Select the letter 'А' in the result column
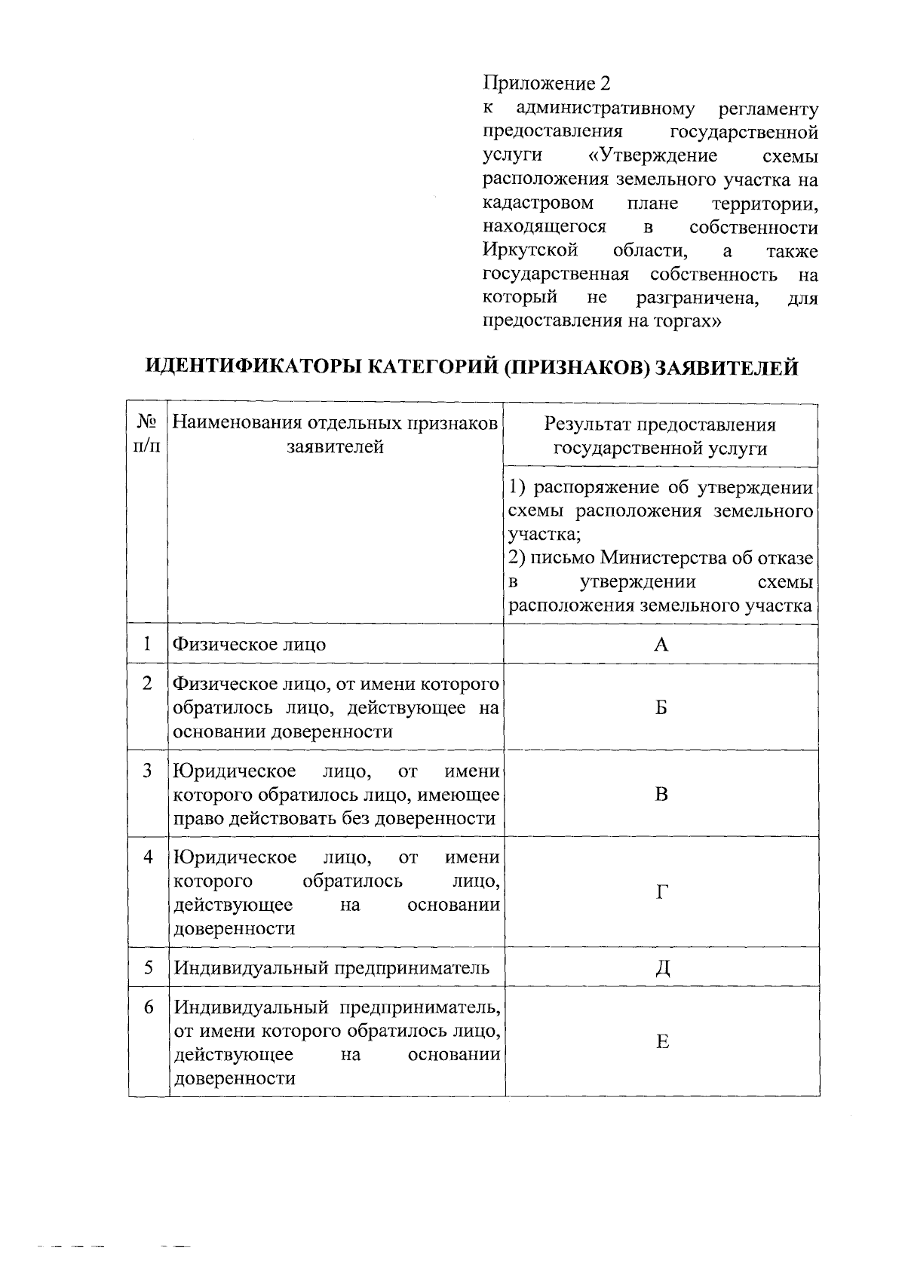[661, 644]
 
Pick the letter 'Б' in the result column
[661, 707]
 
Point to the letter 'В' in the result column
[661, 794]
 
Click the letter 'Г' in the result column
[661, 893]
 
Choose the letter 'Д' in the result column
[661, 967]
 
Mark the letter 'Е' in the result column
[662, 1042]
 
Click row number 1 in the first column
[148, 644]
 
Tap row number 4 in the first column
[148, 857]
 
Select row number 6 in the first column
[148, 1007]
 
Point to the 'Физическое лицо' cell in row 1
[250, 645]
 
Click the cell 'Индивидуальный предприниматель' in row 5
[332, 967]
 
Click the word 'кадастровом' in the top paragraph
[537, 204]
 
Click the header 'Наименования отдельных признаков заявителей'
[336, 435]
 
